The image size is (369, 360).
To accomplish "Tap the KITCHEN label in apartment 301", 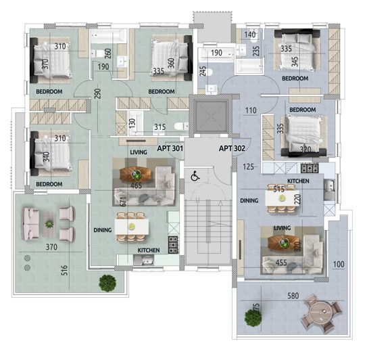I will tap(149, 250).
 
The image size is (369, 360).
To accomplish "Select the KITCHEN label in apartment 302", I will tap(298, 182).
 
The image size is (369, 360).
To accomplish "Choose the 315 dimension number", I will tap(159, 127).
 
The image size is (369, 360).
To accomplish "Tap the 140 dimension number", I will tap(250, 34).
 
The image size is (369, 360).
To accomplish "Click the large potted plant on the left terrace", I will tap(107, 282).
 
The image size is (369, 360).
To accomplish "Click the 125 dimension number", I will tap(249, 166).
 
